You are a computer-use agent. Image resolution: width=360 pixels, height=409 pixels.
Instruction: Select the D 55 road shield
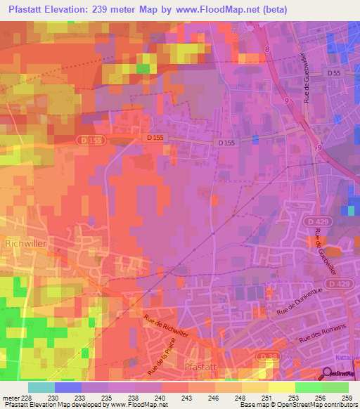[x=334, y=73]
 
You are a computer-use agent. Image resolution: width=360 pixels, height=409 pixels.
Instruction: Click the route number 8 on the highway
[x=267, y=48]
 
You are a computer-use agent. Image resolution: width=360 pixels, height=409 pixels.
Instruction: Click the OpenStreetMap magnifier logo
[x=328, y=375]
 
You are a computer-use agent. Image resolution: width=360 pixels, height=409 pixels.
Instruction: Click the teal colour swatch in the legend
[x=41, y=387]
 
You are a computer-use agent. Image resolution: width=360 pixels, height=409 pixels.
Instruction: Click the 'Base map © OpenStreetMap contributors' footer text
[x=297, y=405]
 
